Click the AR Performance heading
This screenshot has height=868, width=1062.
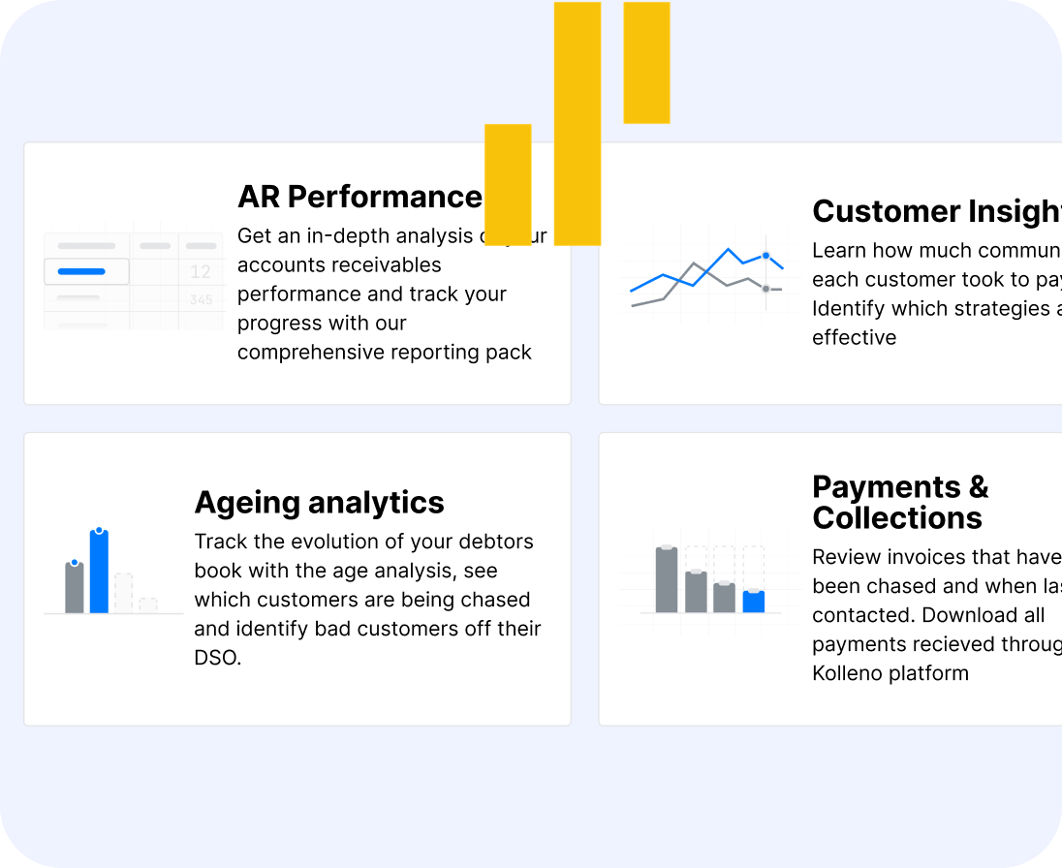coord(359,197)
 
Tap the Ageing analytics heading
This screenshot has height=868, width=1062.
coord(319,502)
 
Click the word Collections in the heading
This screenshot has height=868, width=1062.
coord(897,517)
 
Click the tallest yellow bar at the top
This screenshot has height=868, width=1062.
coord(578,123)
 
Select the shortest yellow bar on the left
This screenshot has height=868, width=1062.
coord(508,184)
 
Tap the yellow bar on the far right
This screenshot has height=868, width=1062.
coord(646,63)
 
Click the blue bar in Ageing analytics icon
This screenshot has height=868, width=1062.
coord(99,572)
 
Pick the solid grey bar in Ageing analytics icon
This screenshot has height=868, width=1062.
coord(75,588)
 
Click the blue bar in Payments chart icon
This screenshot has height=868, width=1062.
coord(753,602)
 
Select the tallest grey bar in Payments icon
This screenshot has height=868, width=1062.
coord(667,579)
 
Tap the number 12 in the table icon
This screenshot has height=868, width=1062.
coord(201,272)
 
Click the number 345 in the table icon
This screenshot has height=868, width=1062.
coord(201,300)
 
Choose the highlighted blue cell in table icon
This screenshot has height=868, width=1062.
coord(86,271)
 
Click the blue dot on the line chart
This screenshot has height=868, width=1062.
coord(765,256)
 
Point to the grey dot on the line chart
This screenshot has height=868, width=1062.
coord(765,289)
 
